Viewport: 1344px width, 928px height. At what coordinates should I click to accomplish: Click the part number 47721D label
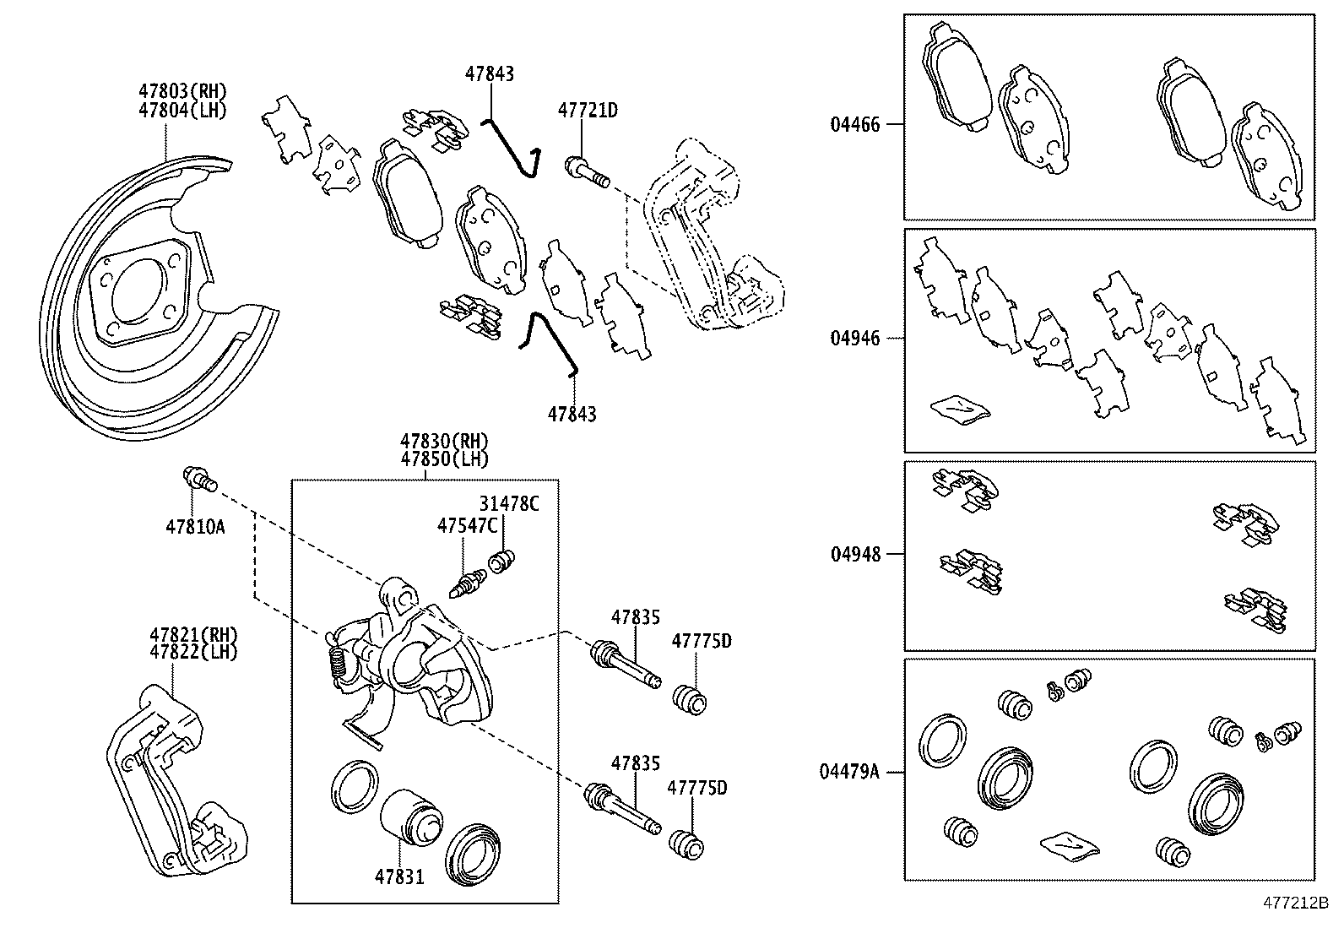coord(588,110)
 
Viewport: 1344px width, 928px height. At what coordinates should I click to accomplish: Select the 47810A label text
coord(195,527)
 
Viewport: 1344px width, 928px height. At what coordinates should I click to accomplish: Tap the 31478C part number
coord(509,504)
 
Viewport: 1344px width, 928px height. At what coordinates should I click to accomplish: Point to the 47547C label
coord(467,525)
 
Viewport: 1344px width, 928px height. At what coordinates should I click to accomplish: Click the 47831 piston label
coord(399,877)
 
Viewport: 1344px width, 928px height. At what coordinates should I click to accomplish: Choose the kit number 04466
coord(854,125)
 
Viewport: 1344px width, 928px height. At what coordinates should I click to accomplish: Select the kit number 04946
coord(854,339)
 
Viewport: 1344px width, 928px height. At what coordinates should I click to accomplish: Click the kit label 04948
coord(854,555)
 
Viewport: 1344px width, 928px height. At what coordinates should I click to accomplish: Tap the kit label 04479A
coord(848,771)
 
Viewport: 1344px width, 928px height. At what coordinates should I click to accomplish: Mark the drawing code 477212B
coord(1296,903)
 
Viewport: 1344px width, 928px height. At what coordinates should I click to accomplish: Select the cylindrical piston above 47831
coord(410,817)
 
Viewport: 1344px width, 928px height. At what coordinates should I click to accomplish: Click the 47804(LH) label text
coord(183,110)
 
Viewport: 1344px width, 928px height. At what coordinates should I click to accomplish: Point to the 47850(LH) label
coord(444,459)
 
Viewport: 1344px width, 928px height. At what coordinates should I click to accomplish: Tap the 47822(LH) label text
coord(194,652)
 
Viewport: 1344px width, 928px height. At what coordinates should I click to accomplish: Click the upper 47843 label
coord(489,74)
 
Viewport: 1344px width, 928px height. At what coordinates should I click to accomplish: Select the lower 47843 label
coord(572,415)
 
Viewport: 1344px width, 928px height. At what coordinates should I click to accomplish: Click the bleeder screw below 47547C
coord(468,583)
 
